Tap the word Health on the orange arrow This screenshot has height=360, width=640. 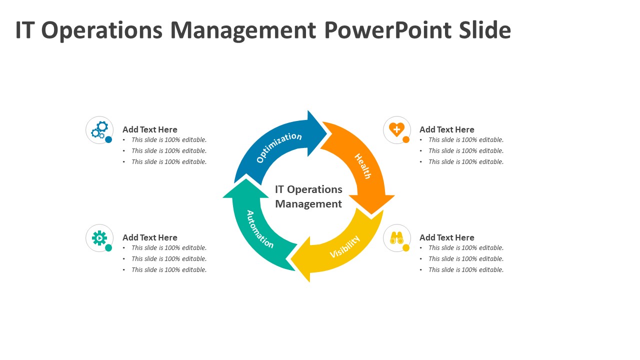(363, 166)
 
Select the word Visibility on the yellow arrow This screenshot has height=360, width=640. (345, 247)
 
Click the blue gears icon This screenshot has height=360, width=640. (99, 130)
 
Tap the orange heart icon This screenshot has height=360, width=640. (396, 129)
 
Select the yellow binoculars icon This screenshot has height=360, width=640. (396, 237)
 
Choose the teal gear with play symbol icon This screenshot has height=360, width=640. (99, 238)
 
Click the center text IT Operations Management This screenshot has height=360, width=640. (308, 196)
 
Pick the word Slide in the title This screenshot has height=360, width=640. (484, 30)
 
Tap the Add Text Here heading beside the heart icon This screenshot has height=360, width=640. (446, 129)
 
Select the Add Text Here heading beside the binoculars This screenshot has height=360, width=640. (446, 237)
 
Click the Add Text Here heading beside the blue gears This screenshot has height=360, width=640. (149, 129)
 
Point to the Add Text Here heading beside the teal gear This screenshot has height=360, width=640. (149, 237)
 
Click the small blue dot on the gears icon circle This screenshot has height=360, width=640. (108, 139)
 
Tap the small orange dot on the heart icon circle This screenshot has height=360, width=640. (406, 139)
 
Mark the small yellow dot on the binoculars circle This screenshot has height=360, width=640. (406, 247)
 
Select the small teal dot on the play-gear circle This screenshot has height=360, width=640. (108, 247)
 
